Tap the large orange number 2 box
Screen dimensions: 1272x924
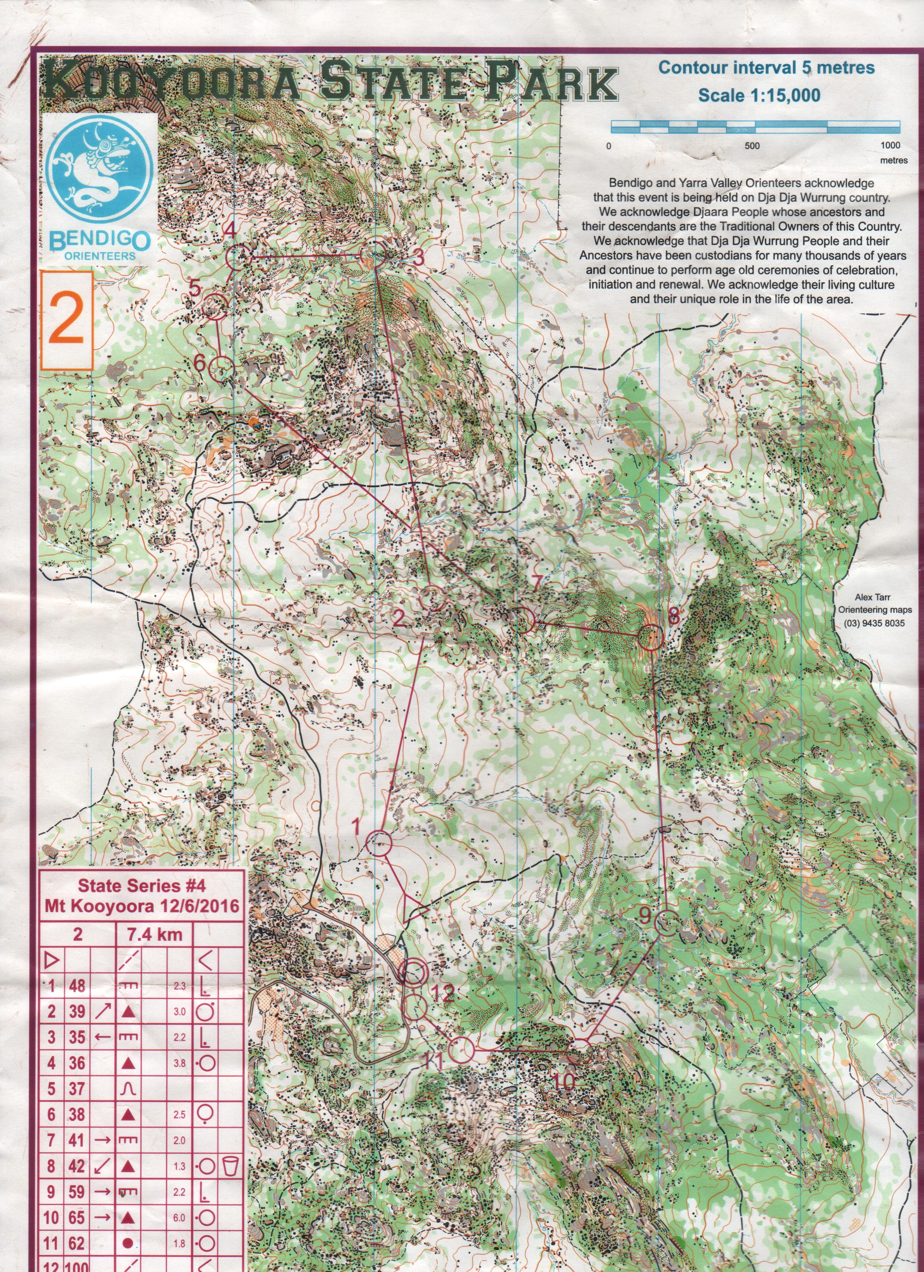tap(67, 321)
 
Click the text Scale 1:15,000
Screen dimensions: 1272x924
tap(759, 95)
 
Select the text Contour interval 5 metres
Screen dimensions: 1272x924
tap(766, 68)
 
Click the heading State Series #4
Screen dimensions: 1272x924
tap(141, 886)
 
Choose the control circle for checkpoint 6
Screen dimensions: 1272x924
tap(221, 368)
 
